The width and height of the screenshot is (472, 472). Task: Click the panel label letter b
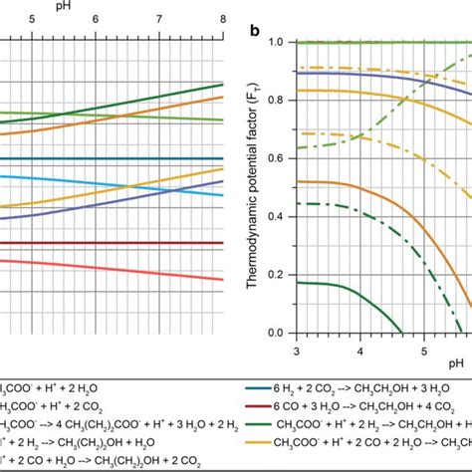pos(256,31)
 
